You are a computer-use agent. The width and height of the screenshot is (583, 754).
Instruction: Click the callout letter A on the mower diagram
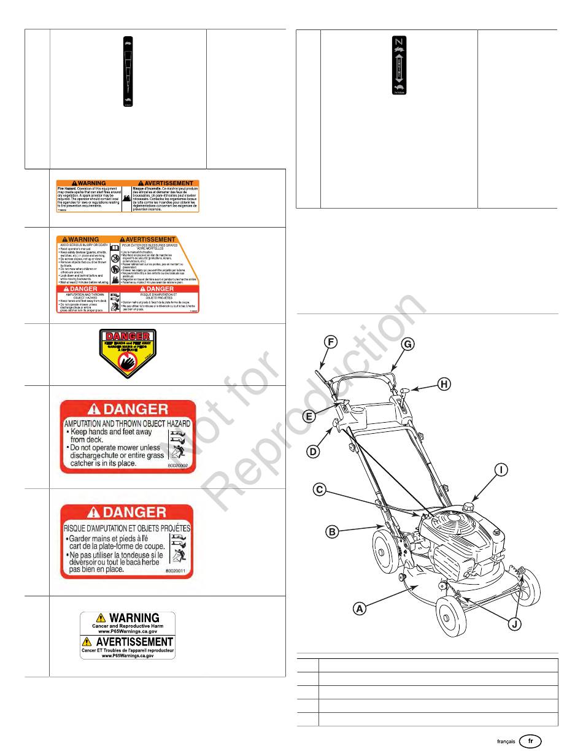point(360,609)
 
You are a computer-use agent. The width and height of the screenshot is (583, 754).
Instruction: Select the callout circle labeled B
point(332,532)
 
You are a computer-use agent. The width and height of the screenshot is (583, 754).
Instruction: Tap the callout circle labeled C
point(319,490)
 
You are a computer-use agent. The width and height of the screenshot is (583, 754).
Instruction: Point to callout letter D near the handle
point(314,452)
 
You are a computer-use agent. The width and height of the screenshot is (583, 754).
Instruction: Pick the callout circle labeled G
point(407,345)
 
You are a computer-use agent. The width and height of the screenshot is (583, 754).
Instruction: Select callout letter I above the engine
point(502,471)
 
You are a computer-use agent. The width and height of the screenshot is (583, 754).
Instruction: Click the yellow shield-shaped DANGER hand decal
point(128,353)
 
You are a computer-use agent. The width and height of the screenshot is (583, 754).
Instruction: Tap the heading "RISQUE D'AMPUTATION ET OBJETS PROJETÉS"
point(127,527)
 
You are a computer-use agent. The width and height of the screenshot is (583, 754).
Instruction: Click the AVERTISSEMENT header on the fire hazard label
point(165,183)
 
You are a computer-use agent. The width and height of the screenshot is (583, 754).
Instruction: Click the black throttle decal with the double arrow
point(398,65)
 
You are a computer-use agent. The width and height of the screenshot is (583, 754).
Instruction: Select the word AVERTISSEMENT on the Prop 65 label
point(128,642)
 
